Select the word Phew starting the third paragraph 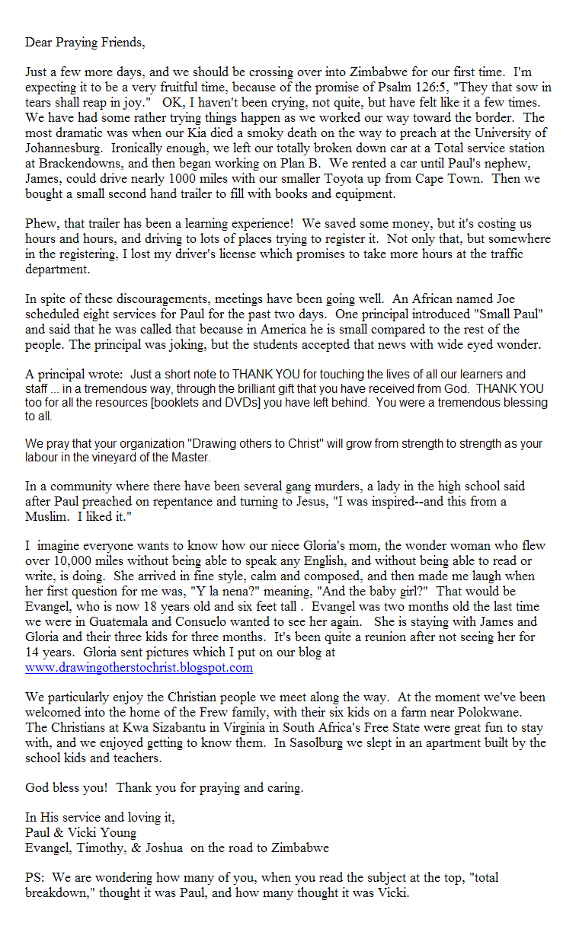pos(40,225)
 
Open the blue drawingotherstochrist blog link pos(139,668)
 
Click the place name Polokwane pos(517,712)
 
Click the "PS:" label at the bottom pos(36,877)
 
